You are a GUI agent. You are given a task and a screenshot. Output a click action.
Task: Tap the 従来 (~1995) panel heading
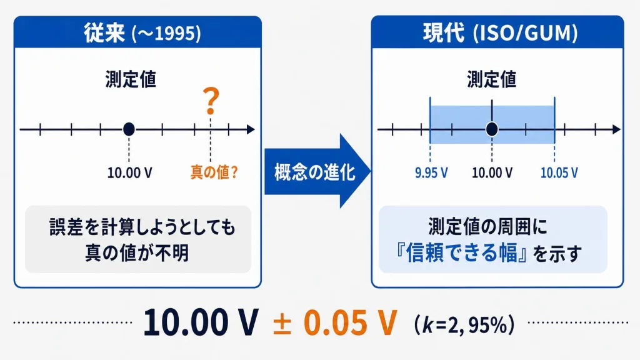coord(142,32)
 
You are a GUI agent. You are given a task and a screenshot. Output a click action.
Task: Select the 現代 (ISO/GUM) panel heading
coord(500,32)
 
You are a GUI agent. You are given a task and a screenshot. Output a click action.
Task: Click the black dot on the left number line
coord(129,129)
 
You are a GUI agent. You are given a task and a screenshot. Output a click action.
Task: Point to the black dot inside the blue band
coord(492,129)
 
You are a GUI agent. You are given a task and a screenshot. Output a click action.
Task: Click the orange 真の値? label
coord(214,172)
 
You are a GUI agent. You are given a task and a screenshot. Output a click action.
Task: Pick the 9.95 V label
coord(431,172)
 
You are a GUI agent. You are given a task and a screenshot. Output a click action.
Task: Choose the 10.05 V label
coord(559,172)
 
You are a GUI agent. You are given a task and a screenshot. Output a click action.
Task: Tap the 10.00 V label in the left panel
coord(130,172)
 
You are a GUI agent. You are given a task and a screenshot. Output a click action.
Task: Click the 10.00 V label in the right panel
coord(492,172)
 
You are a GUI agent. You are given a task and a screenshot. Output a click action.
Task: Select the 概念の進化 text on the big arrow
coord(315,172)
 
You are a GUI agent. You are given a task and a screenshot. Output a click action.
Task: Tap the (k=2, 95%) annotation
coord(464,325)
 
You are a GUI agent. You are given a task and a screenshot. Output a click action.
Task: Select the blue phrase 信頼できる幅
coord(461,252)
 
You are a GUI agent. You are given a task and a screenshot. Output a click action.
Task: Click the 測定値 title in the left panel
coord(131,79)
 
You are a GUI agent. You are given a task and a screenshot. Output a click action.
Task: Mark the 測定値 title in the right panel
coord(492,79)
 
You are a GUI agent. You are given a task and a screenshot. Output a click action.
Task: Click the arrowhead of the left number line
coord(251,129)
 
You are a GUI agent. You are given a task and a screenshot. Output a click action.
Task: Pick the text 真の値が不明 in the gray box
coord(137,253)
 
